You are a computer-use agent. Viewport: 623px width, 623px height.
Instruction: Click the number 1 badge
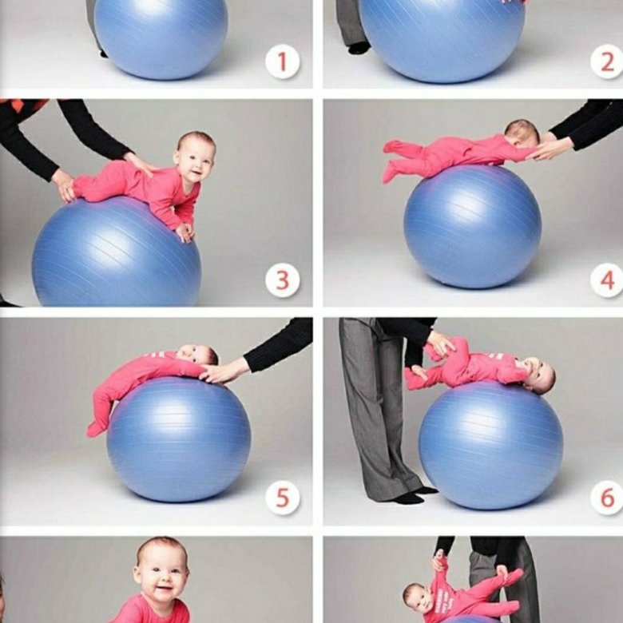(x=283, y=62)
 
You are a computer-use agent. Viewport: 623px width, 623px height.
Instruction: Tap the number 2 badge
(x=607, y=62)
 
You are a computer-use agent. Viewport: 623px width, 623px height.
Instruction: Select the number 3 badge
(x=283, y=280)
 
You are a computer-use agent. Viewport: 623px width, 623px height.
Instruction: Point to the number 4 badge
(x=607, y=280)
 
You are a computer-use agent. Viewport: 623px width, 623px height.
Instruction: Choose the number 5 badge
(x=283, y=498)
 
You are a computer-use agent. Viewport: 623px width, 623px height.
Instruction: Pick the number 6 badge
(x=607, y=498)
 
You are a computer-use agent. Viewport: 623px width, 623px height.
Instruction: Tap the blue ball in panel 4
(x=472, y=227)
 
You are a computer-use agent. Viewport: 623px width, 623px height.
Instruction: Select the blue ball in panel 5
(x=179, y=439)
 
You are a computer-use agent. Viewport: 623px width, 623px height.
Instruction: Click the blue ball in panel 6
(x=490, y=445)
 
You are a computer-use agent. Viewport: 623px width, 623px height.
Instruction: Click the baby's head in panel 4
(x=522, y=134)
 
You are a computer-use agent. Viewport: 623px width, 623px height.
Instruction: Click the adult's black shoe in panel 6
(x=409, y=498)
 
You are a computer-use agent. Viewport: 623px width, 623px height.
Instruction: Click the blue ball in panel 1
(x=161, y=38)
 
